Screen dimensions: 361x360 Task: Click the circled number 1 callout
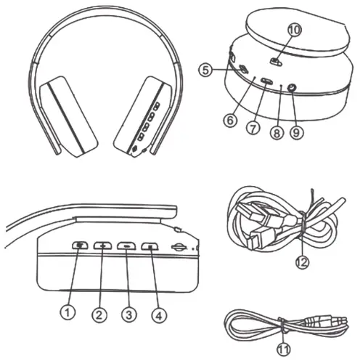[67, 313]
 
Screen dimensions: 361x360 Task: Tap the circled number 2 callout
[99, 314]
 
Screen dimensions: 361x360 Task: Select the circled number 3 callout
[128, 314]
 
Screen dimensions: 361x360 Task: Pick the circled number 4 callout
[158, 314]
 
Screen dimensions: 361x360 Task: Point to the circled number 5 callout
[208, 70]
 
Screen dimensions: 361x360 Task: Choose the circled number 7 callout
[253, 127]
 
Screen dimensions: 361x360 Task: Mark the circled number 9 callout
[296, 132]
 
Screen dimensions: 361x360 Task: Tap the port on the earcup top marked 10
[276, 61]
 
